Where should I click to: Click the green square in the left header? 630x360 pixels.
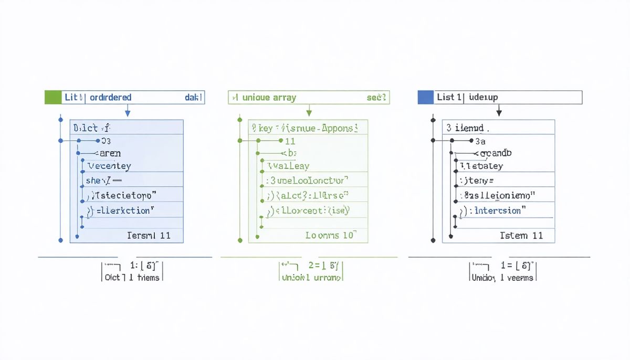(x=53, y=97)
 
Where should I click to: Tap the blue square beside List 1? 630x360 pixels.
(x=425, y=97)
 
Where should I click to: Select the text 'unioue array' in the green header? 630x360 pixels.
(x=269, y=98)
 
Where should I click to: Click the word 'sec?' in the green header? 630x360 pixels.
(x=376, y=98)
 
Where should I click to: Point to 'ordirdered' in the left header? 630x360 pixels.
(x=111, y=97)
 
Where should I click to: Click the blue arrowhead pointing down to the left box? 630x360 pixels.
(x=128, y=113)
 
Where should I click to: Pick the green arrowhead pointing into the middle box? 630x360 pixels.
(x=309, y=113)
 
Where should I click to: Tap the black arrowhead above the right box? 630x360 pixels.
(x=499, y=113)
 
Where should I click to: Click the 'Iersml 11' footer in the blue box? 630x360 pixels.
(x=149, y=236)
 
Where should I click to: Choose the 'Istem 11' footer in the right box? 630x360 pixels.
(x=521, y=236)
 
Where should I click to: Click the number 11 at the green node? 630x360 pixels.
(x=290, y=141)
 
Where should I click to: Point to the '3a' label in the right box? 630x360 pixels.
(x=480, y=141)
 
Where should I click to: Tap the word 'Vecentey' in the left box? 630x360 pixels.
(x=109, y=166)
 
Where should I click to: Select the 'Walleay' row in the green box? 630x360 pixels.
(x=289, y=166)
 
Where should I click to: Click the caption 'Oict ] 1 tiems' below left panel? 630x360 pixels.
(x=132, y=277)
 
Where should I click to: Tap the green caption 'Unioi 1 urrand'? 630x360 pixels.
(x=311, y=277)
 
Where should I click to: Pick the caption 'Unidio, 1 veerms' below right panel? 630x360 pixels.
(x=502, y=277)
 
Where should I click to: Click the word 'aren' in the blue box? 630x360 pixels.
(x=109, y=153)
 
